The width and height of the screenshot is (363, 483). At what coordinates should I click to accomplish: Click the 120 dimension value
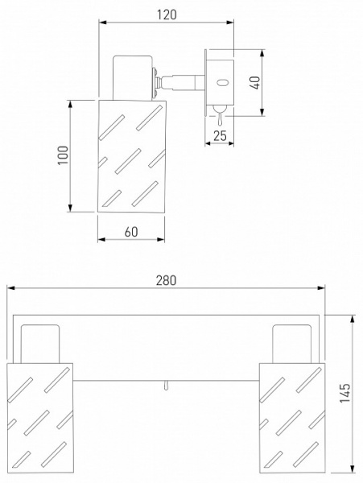coord(167,14)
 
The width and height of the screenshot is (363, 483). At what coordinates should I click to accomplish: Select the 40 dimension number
coord(255,83)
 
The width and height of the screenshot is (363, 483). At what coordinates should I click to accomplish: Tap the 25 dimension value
coord(220,135)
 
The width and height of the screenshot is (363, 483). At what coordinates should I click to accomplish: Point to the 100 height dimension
coord(63,155)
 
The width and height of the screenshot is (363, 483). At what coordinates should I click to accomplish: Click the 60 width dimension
coord(131,232)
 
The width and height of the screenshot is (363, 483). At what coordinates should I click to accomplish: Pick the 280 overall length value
coord(167,280)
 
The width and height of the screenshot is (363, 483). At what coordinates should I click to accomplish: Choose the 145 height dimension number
coord(345,393)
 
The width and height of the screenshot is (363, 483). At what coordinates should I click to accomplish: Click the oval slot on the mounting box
coord(222,83)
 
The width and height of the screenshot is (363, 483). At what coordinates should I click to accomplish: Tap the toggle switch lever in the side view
coord(221,116)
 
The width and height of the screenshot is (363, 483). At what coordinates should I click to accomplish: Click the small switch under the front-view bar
coord(166,386)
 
